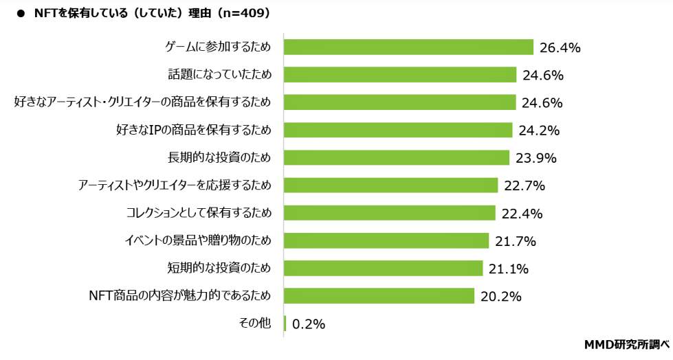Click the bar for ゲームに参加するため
408,47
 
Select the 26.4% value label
560,47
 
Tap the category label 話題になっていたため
219,74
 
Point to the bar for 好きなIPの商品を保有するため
398,130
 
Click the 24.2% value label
540,131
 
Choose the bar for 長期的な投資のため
397,157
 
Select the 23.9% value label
536,158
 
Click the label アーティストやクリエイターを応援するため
175,185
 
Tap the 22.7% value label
525,185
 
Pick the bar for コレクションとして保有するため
389,213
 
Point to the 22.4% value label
522,214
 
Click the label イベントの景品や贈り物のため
197,240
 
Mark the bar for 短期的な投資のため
383,268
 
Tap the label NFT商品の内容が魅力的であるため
180,295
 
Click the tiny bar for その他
285,324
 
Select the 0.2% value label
309,324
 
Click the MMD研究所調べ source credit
626,344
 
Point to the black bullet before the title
20,13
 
